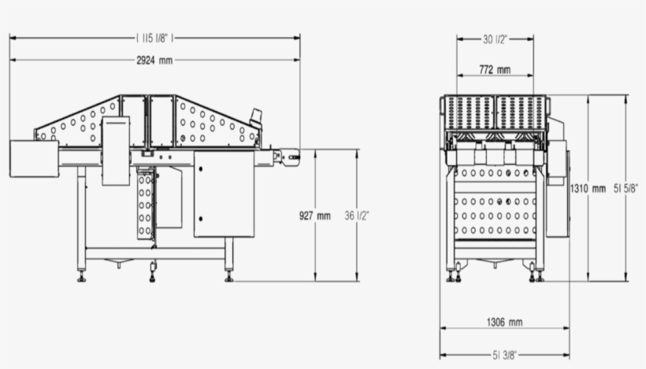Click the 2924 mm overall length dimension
coord(154,60)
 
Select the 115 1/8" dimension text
coord(154,37)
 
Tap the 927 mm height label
coord(315,215)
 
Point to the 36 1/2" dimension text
coord(357,215)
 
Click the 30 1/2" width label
coord(495,38)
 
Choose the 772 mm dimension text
coord(495,70)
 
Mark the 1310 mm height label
coord(588,188)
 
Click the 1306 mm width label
coord(504,322)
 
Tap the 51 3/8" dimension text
coord(504,355)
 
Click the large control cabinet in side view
coord(224,194)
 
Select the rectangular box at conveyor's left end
coord(34,158)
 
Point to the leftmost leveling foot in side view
coord(81,276)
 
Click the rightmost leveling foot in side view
coord(228,276)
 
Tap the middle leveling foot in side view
coord(152,276)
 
